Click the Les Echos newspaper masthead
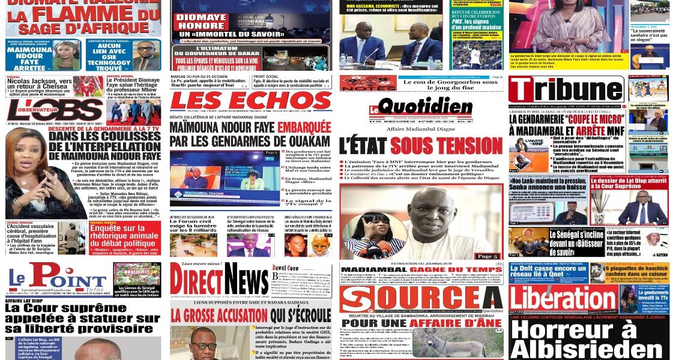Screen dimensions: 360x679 click(x=250, y=101)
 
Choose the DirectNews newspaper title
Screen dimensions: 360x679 click(x=219, y=279)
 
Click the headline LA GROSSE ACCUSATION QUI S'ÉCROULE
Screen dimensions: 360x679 click(x=250, y=314)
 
